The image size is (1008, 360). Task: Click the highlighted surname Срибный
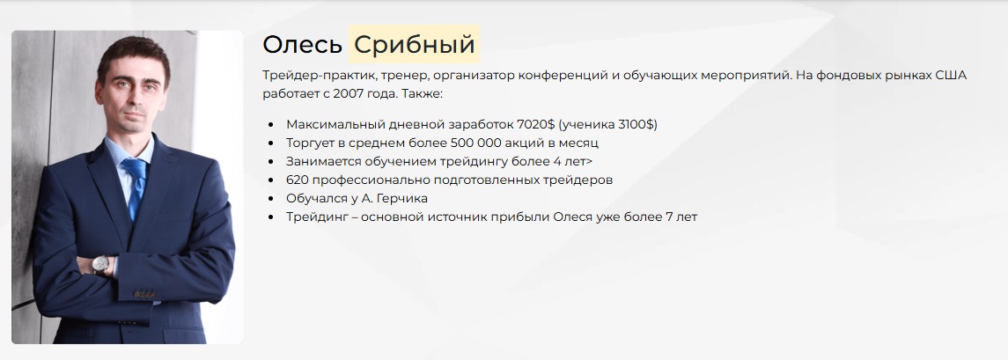coord(415,44)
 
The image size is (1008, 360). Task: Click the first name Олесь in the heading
coord(302,44)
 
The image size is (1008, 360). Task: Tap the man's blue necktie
coord(135,187)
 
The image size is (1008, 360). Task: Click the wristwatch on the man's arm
coord(101,264)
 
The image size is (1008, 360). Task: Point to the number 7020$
coord(535,124)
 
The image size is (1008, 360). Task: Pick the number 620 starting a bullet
coord(298,180)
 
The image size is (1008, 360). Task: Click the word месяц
coord(578,143)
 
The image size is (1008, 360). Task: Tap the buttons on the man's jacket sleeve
coord(144,294)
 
